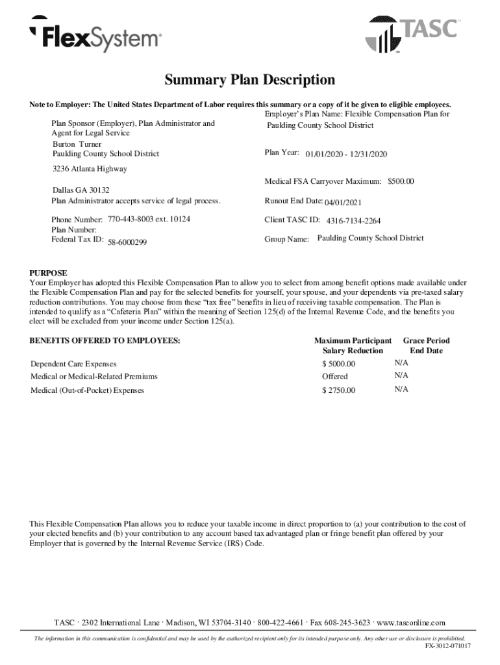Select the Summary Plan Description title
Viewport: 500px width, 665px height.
click(x=250, y=81)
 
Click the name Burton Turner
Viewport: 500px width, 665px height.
click(x=77, y=144)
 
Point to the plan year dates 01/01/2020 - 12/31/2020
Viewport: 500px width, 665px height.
click(x=346, y=154)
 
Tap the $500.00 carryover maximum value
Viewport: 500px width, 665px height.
click(x=401, y=181)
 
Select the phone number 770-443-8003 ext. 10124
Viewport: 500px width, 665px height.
click(x=149, y=220)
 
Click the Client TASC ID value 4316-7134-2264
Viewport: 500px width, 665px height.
click(x=349, y=221)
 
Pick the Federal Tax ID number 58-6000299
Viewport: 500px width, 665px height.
click(x=127, y=242)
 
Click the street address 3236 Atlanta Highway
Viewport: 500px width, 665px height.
click(x=90, y=169)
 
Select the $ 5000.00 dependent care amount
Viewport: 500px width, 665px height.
click(x=339, y=364)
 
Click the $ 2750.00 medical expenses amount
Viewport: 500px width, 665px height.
click(x=339, y=390)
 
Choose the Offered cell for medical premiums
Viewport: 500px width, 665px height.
click(x=335, y=377)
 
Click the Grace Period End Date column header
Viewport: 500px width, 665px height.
click(x=426, y=345)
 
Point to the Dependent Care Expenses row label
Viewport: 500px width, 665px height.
click(x=73, y=364)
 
